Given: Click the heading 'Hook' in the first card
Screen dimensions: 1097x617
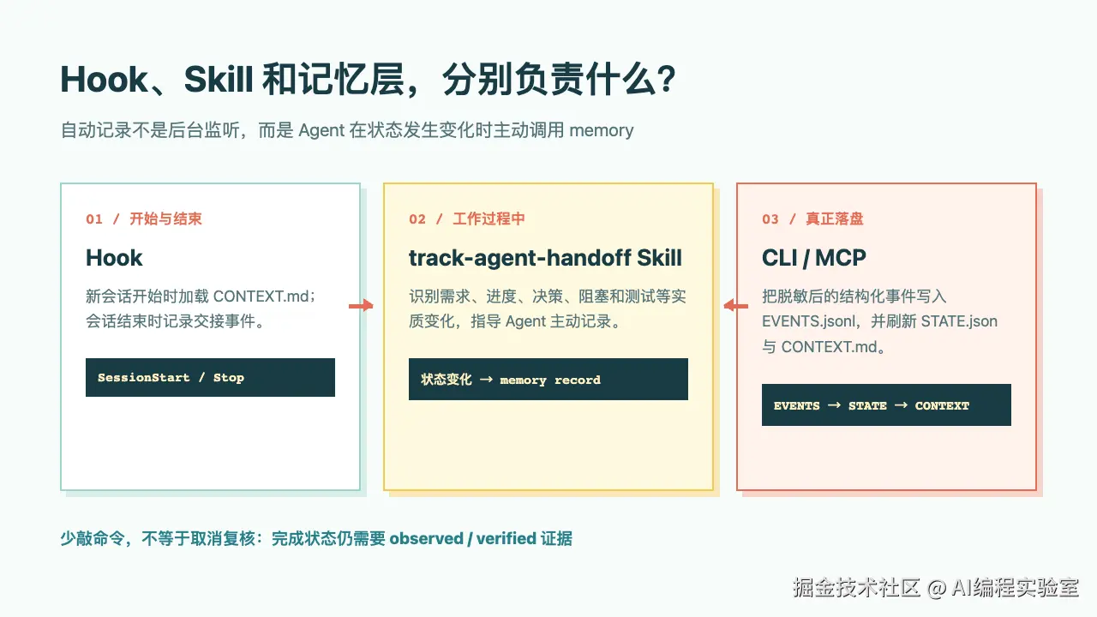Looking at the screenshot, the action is pos(114,258).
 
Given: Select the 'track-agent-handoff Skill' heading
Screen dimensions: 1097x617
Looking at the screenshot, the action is pos(545,258).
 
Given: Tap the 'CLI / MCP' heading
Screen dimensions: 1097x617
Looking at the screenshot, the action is pos(814,258).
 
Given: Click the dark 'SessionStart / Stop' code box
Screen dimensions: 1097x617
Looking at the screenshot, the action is pos(210,378).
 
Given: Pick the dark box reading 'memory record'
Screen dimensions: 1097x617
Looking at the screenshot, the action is pos(548,380).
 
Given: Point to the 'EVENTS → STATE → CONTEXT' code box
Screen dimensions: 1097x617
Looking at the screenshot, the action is pos(886,405).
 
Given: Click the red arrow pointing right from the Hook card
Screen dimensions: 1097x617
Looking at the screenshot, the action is pos(361,306).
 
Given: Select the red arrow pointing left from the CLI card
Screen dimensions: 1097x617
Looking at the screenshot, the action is pos(735,306).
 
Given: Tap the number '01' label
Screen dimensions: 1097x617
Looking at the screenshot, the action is pos(94,219).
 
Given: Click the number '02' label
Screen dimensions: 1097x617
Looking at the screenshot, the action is pos(417,219).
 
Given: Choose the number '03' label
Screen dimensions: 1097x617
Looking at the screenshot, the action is pos(770,219).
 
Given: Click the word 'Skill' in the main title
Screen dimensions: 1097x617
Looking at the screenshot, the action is pos(219,80).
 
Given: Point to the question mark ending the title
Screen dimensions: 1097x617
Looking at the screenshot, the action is pos(667,80).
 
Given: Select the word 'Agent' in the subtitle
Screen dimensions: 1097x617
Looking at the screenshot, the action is pos(321,131).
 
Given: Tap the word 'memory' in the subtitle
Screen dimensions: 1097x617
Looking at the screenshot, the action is pos(602,131).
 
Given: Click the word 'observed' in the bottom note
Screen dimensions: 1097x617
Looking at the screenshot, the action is pos(426,539).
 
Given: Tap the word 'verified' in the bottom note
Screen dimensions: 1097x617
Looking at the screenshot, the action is pos(507,539).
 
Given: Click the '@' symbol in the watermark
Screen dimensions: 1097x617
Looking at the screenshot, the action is pos(937,588).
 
